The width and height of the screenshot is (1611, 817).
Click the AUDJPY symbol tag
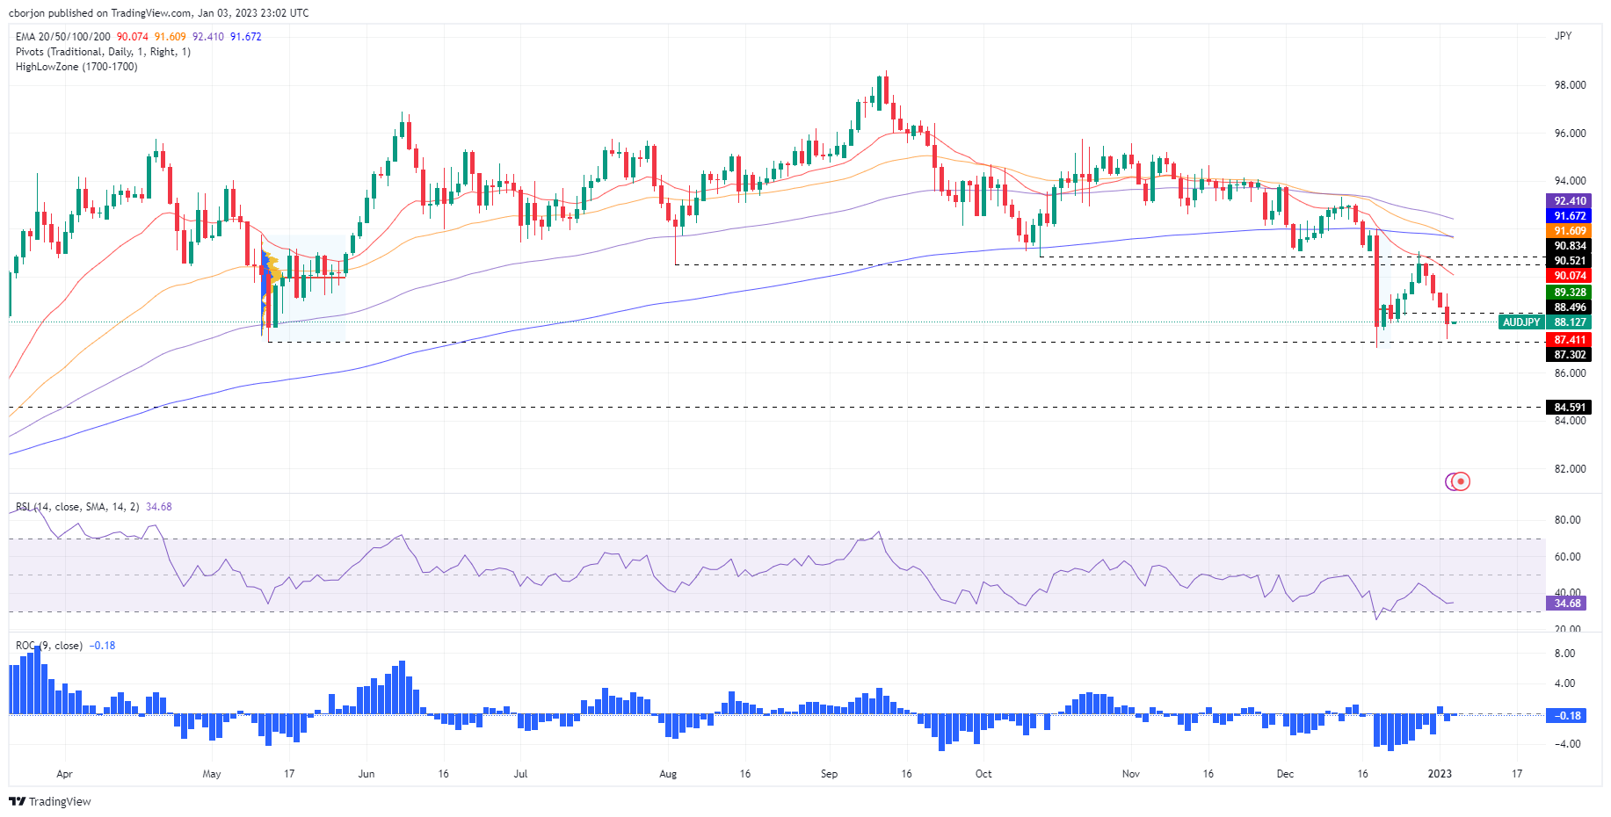click(1521, 322)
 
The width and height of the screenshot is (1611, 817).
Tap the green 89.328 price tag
click(1569, 293)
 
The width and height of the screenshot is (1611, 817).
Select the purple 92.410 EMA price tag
click(1569, 201)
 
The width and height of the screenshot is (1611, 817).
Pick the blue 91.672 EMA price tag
click(1569, 216)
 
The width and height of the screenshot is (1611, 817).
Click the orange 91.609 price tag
click(1569, 231)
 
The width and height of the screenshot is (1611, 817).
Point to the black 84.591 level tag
click(1569, 408)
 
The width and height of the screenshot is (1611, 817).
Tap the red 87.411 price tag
click(1569, 340)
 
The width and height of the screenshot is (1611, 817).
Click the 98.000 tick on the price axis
click(1570, 85)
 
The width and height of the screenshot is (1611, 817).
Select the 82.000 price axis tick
click(1570, 469)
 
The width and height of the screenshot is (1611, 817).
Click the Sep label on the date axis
click(829, 774)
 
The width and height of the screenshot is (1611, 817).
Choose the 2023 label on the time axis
click(1440, 774)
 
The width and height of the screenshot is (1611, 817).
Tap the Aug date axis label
click(668, 774)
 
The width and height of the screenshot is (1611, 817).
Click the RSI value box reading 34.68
click(1567, 604)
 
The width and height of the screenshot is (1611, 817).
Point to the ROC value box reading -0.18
click(1567, 716)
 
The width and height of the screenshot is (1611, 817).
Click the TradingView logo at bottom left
click(50, 801)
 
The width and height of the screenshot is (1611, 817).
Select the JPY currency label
click(1563, 36)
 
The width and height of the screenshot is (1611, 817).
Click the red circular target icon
click(1459, 481)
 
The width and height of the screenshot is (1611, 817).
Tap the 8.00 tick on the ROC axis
click(1564, 654)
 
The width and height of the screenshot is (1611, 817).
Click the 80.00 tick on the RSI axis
click(1567, 520)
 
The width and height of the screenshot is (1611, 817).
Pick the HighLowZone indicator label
click(76, 67)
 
